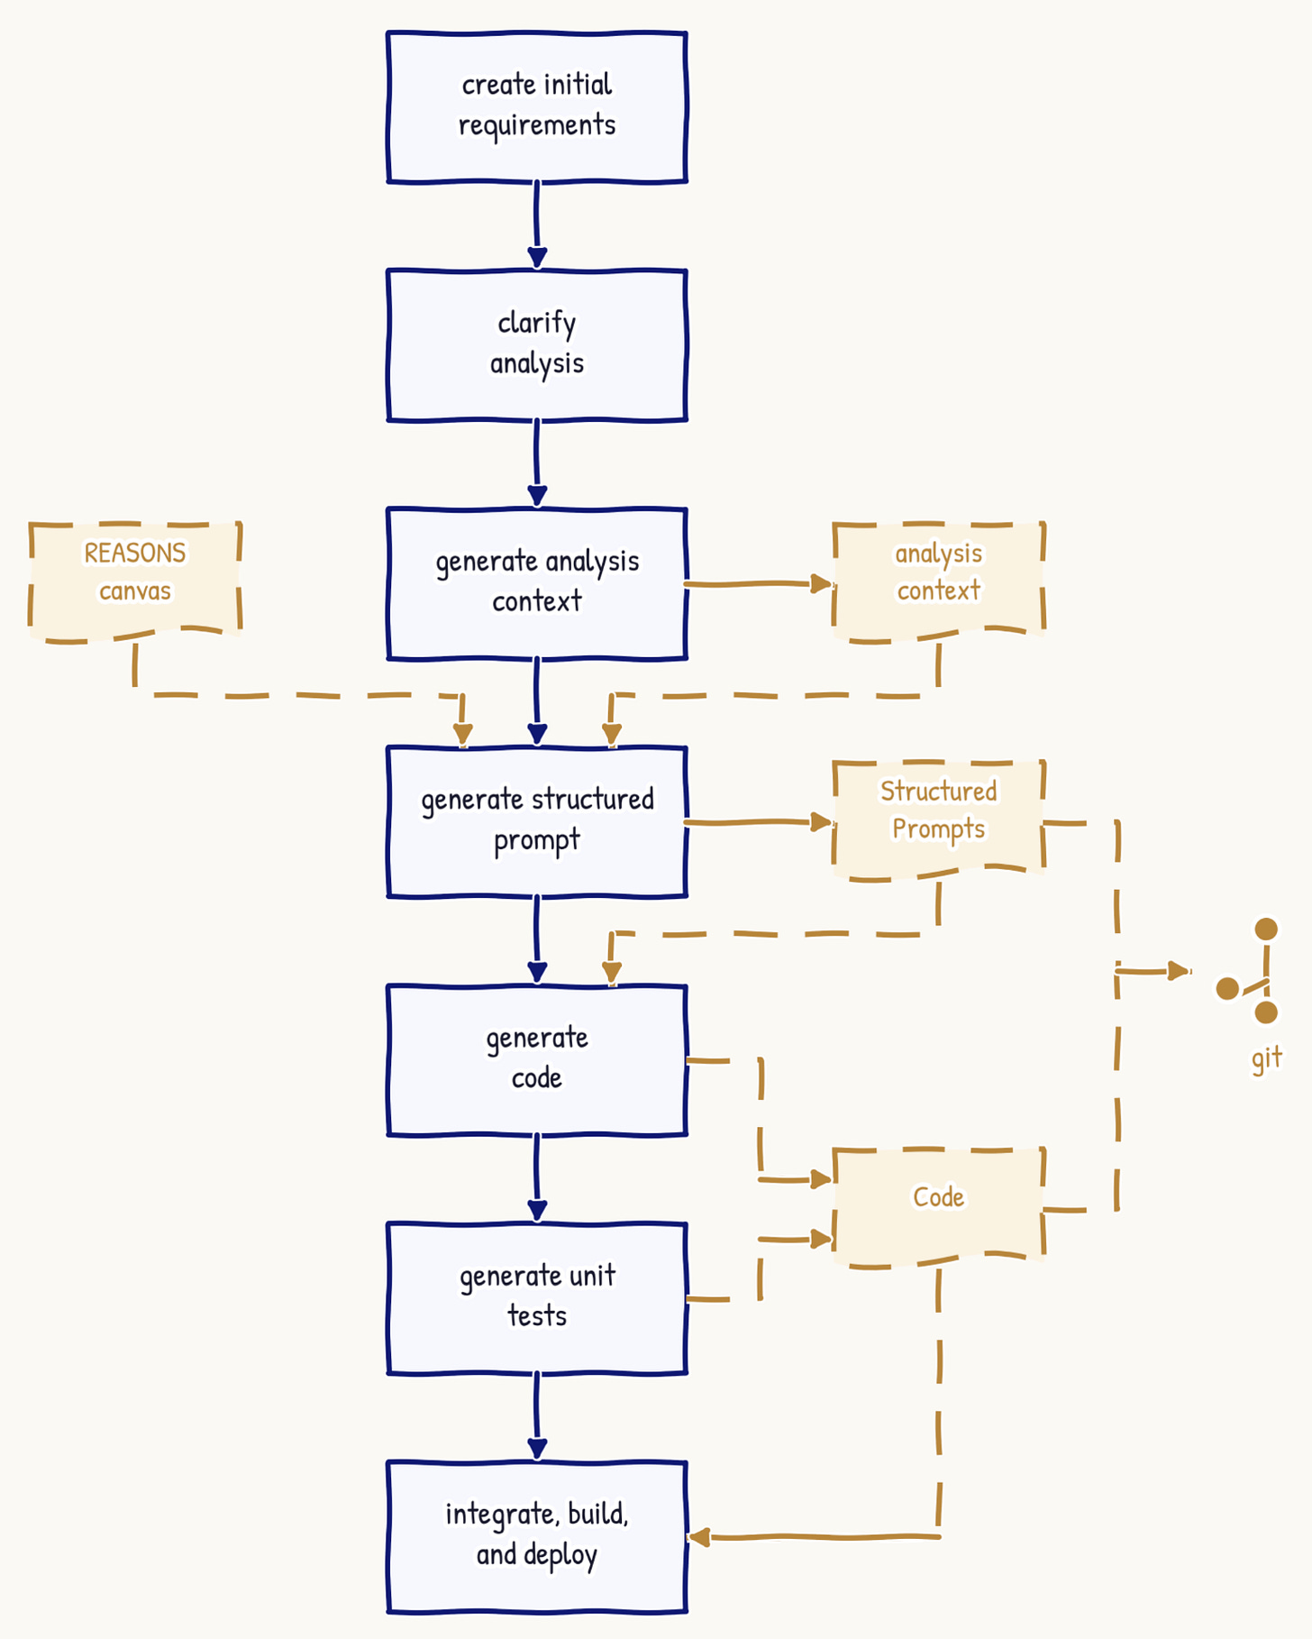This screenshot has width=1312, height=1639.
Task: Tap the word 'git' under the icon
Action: tap(1266, 1058)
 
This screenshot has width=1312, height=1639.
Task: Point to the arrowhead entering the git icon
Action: tap(1180, 971)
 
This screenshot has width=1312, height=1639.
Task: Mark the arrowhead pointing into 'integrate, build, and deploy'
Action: tap(699, 1537)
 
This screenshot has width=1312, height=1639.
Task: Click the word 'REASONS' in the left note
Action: tap(135, 553)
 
